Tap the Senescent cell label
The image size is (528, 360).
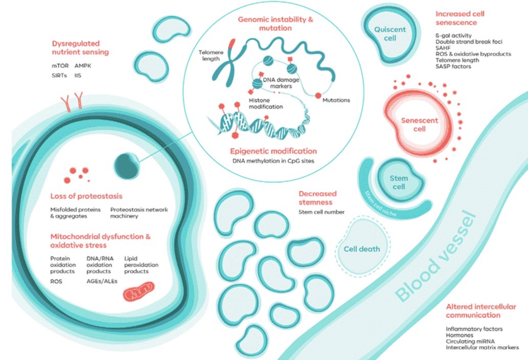point(414,125)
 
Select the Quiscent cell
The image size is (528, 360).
point(389,35)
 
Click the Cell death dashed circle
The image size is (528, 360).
point(361,249)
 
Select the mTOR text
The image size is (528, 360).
point(60,66)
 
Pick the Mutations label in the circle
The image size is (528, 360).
point(336,100)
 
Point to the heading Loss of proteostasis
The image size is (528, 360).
point(86,196)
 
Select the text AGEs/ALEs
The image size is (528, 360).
point(102,281)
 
